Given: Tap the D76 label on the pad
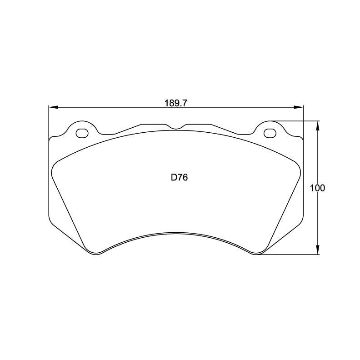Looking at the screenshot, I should click(179, 178).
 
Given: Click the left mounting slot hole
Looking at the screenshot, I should click(82, 133).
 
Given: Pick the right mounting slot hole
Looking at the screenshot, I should click(269, 133).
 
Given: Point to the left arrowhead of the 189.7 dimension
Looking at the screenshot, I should click(53, 108).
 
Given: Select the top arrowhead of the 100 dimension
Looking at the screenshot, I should click(317, 125).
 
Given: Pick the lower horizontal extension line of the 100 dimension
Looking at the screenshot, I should click(291, 255).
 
